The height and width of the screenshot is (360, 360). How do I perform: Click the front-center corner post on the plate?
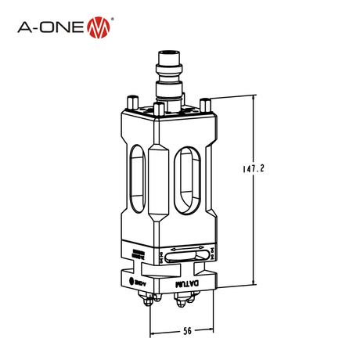(x=160, y=109)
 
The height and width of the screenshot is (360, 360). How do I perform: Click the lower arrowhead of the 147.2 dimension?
(x=253, y=285)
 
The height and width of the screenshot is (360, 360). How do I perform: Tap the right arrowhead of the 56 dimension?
(x=211, y=330)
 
